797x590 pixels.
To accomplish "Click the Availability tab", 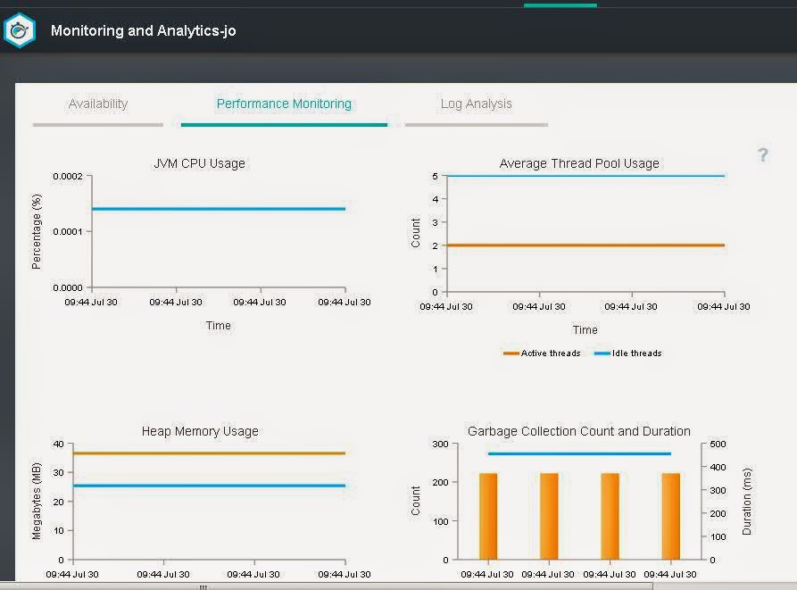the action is pos(98,104).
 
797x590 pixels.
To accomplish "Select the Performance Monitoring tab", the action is pos(284,104).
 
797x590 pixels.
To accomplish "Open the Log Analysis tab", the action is pos(477,104).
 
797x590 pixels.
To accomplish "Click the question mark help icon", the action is pos(763,154).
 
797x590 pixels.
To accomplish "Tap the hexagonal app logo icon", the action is pos(20,30).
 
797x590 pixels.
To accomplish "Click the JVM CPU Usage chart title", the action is pos(199,163).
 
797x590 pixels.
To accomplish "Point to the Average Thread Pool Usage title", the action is pos(579,163).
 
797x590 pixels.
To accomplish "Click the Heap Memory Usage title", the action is pos(200,431).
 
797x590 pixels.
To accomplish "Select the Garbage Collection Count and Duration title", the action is pos(579,431).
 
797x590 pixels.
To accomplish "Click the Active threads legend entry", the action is pos(542,353).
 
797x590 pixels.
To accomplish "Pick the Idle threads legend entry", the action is pos(628,353).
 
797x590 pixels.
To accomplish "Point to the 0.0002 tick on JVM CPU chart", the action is pos(68,177).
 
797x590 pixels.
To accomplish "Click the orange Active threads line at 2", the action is pos(585,245).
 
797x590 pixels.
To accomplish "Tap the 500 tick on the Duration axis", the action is pos(718,445).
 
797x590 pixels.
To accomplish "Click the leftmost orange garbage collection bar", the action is pos(488,516).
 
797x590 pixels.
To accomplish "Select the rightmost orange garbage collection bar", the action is pos(671,516).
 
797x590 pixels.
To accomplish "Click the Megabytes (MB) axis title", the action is pos(36,501).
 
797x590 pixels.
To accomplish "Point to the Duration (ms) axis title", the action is pos(747,501).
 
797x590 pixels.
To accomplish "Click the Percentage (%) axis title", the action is pos(36,232).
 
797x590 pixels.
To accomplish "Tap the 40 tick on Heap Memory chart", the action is pos(58,445).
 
